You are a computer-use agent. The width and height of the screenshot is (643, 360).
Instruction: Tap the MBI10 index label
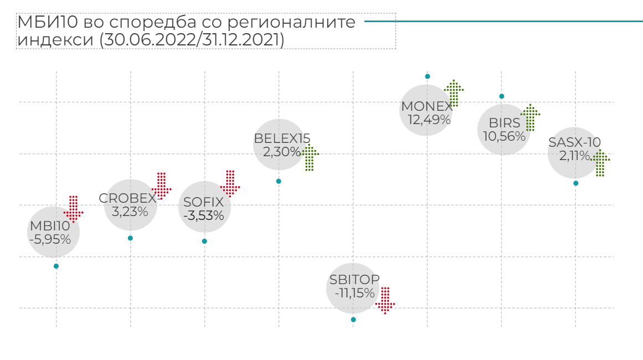[x=50, y=226]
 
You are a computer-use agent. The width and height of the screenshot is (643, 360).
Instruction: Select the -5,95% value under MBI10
[x=50, y=239]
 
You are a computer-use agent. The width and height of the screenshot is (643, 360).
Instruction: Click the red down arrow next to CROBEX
[x=162, y=185]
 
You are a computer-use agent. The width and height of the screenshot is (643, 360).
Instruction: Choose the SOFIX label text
[x=203, y=202]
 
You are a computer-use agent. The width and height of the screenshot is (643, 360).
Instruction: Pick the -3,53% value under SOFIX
[x=205, y=215]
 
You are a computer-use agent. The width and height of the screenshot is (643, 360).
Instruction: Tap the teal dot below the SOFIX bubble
[x=204, y=241]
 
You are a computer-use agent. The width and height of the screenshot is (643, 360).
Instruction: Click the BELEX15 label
[x=282, y=138]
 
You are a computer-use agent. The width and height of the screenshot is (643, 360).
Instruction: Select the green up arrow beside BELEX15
[x=309, y=158]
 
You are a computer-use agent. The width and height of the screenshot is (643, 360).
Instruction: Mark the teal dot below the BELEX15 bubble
[x=279, y=181]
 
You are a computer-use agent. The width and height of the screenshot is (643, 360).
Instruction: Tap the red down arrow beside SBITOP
[x=385, y=300]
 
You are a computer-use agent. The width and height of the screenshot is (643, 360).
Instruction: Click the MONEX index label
[x=426, y=106]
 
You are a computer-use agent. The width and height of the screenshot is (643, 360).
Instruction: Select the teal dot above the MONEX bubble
[x=428, y=76]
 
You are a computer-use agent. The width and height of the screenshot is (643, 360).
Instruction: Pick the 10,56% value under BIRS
[x=504, y=136]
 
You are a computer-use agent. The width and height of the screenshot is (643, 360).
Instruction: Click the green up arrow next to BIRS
[x=530, y=117]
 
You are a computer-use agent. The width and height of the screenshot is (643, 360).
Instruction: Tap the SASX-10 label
[x=574, y=143]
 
